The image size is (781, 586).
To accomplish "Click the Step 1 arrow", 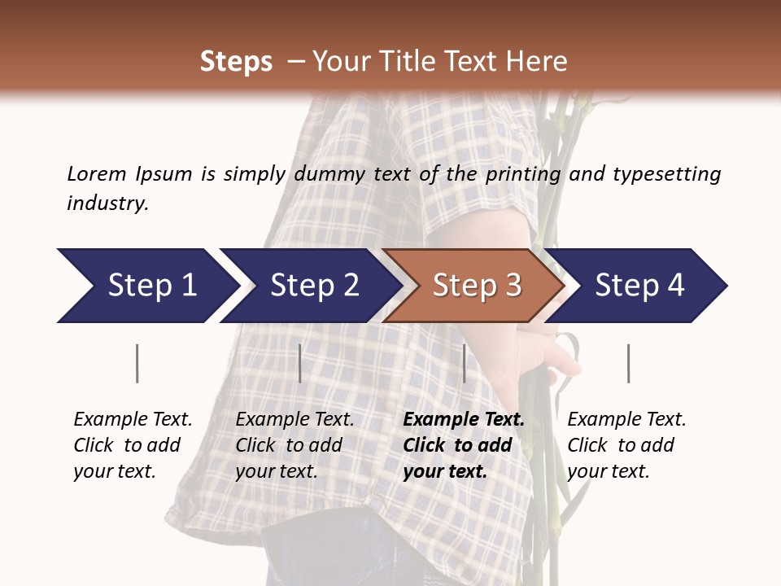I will click(x=146, y=286).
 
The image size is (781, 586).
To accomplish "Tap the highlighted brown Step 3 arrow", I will click(x=476, y=286).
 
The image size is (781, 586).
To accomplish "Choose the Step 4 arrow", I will click(x=639, y=286).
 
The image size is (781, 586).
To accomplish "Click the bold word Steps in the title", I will click(x=236, y=62).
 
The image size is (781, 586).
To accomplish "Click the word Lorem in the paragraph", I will click(x=96, y=174).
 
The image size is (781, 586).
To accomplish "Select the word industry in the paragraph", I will click(x=107, y=203).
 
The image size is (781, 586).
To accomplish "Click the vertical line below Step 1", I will click(x=137, y=363).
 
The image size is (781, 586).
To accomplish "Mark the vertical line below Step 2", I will click(x=300, y=363).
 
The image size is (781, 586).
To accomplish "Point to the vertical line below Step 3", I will click(x=464, y=363).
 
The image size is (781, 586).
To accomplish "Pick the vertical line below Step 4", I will click(x=628, y=363).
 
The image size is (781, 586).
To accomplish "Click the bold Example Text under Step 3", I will click(x=464, y=420).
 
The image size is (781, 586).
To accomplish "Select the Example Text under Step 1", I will click(x=133, y=420).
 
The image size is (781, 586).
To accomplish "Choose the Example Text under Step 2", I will click(x=295, y=420).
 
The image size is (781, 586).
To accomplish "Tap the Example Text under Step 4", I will click(x=626, y=420).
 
